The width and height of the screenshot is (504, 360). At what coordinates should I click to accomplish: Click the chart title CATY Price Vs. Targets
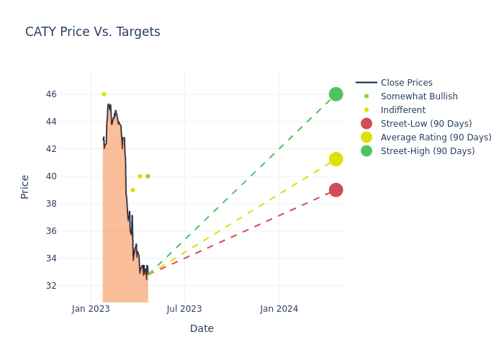(93, 32)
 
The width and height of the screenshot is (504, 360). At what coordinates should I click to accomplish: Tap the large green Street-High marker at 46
(336, 94)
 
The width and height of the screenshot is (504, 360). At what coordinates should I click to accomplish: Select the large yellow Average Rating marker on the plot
(336, 159)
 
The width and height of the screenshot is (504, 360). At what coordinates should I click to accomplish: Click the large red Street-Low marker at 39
(336, 190)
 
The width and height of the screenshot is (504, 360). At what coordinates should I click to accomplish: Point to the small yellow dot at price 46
(104, 94)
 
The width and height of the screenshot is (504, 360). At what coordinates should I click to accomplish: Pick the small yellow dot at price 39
(132, 190)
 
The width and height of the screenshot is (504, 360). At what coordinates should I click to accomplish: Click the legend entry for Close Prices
(406, 83)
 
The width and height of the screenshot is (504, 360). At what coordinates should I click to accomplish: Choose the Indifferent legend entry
(402, 110)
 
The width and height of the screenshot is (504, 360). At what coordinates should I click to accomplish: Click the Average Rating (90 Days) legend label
(436, 138)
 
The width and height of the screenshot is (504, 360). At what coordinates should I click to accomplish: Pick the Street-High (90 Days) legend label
(428, 151)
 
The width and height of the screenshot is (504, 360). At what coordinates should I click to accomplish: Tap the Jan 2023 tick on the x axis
(91, 309)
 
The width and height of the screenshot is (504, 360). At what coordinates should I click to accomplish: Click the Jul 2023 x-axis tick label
(184, 309)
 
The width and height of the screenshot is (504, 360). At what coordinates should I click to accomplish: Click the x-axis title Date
(202, 328)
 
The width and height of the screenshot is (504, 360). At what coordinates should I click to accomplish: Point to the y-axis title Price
(25, 186)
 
